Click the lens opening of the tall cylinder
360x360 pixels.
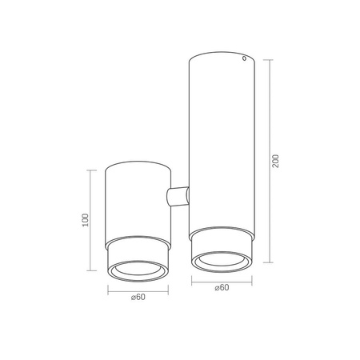click(x=222, y=259)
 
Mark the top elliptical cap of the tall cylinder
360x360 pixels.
click(x=222, y=58)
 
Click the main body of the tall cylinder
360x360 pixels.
click(x=222, y=144)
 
